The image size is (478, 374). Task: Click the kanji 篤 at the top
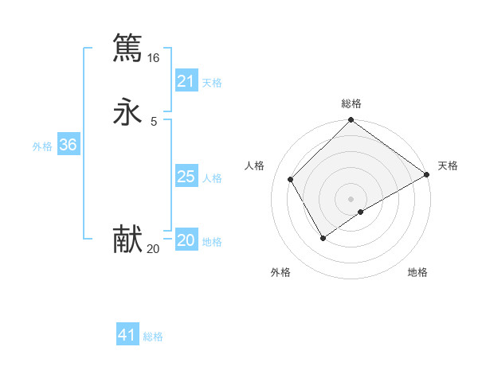127,48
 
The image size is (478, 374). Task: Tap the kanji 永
127,111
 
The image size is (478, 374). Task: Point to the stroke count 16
153,58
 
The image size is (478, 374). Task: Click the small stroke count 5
153,121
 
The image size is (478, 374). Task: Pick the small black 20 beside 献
153,249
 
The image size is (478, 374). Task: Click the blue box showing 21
186,80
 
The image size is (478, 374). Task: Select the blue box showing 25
186,176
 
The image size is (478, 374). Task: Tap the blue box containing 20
186,240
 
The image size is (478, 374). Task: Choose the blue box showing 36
69,145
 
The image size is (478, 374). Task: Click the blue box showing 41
127,335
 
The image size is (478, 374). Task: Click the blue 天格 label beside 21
212,82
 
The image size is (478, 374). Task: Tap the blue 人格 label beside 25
212,177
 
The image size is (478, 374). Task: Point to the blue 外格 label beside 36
42,146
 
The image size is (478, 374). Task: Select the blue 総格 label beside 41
153,337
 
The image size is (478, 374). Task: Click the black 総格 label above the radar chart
351,103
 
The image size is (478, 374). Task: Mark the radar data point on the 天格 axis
428,175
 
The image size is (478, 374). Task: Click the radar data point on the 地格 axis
361,212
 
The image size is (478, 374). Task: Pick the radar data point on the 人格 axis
291,179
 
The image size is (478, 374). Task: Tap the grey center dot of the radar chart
351,199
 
